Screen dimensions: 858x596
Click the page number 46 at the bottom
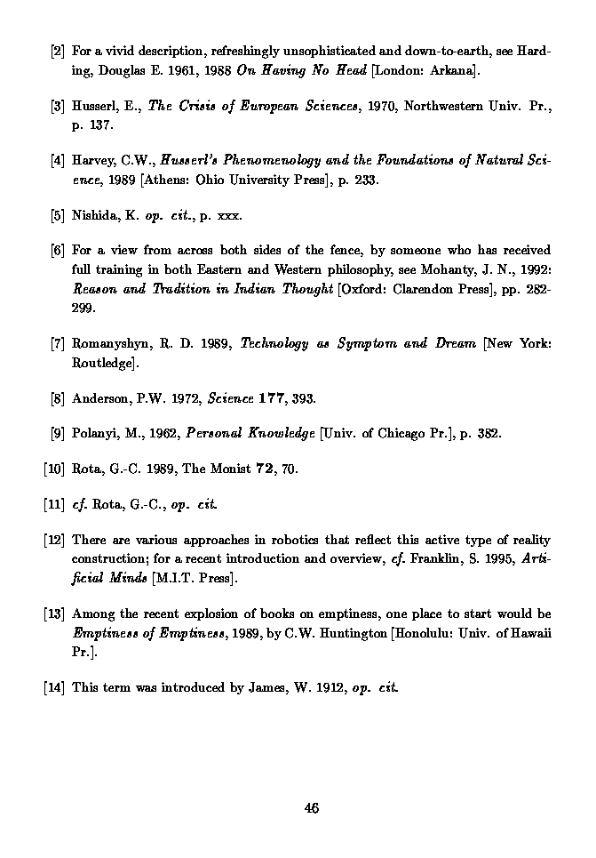click(x=311, y=807)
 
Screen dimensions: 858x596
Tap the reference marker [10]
click(x=54, y=469)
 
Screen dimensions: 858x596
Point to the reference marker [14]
click(x=54, y=686)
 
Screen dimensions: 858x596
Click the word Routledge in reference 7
click(x=102, y=363)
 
